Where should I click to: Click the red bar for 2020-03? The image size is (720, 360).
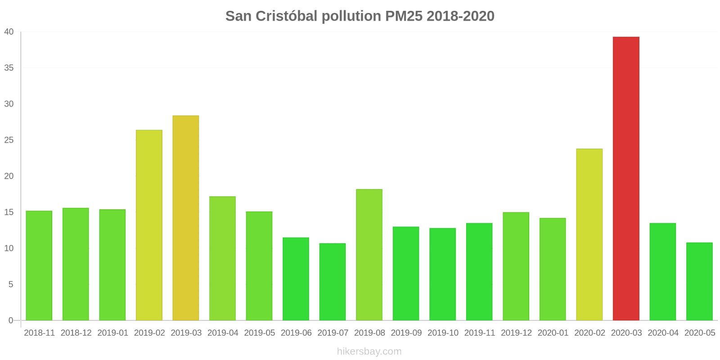tap(626, 179)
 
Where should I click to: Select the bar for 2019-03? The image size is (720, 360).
tap(186, 218)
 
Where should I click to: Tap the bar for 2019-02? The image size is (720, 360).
tap(149, 225)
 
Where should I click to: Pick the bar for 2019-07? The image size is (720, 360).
tap(333, 282)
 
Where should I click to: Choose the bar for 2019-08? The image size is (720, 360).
tap(369, 255)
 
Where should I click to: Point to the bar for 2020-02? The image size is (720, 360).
tap(589, 234)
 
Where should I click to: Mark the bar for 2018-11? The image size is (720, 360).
tap(39, 265)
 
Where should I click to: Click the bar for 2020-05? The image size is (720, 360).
tap(699, 281)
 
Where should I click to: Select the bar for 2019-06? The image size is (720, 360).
tap(296, 279)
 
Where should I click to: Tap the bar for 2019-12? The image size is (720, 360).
tap(516, 266)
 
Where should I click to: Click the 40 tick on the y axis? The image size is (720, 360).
tap(9, 32)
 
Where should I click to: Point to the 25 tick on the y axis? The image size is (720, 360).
tap(9, 140)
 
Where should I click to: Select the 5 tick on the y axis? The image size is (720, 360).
tap(11, 284)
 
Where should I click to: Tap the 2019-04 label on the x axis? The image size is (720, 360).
tap(223, 333)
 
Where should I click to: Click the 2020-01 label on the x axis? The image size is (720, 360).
tap(553, 333)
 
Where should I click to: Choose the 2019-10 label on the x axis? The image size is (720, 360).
tap(443, 333)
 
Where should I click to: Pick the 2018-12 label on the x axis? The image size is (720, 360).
tap(76, 333)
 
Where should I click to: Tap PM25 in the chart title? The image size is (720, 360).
tap(404, 16)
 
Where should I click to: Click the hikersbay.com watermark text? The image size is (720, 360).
tap(369, 351)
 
